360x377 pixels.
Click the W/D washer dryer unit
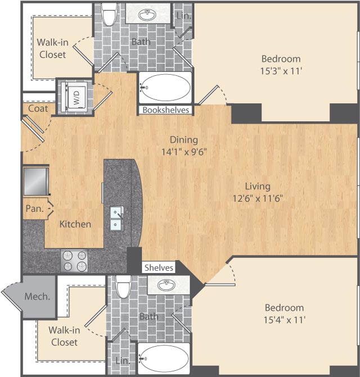tap(74, 96)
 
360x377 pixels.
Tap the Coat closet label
tap(38, 108)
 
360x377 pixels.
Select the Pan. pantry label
tap(33, 208)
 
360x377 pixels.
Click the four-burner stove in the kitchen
tap(74, 260)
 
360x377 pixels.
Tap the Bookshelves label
tap(165, 110)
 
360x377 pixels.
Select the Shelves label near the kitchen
tap(159, 267)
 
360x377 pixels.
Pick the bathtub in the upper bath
tap(165, 87)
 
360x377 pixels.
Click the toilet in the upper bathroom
tap(109, 15)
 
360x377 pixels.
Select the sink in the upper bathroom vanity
tap(149, 15)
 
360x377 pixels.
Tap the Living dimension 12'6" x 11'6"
tap(258, 197)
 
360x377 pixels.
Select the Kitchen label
tap(75, 224)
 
